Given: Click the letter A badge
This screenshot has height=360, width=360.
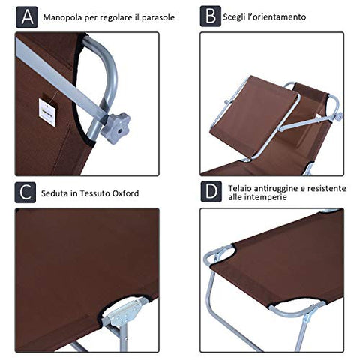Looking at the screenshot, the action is pos(27,17).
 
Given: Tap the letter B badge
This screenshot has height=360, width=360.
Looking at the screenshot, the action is pos(211,16).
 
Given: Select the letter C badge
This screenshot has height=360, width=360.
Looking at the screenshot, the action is pos(25,193).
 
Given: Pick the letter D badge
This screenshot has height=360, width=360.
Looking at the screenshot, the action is pos(211,192).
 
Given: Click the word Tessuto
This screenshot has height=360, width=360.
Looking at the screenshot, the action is pos(94,193).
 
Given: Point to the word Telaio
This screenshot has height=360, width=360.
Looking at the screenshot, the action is pos(239,188).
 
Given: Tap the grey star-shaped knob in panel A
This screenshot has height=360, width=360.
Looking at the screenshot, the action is pos(115,128).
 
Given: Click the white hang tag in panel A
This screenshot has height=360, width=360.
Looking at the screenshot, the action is pos(47,112).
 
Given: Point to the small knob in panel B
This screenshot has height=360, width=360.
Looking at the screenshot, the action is pos(339,117).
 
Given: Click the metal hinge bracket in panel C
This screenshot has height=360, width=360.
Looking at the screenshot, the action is pos(124,313).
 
